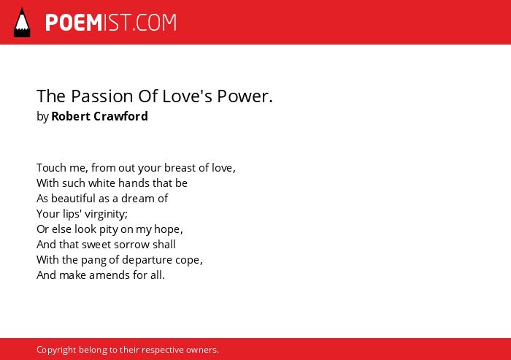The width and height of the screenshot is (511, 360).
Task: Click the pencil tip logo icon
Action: [22, 23]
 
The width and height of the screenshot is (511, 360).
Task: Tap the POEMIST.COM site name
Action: [111, 23]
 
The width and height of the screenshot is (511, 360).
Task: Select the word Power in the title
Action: [243, 96]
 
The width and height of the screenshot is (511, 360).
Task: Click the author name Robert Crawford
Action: [99, 116]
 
